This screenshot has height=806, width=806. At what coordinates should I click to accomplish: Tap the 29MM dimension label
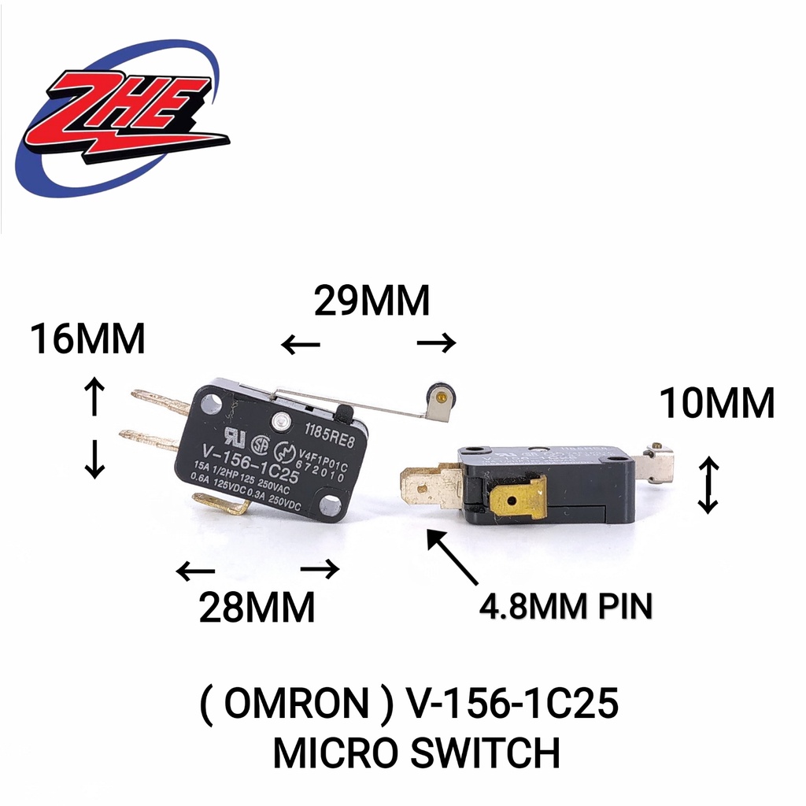372,301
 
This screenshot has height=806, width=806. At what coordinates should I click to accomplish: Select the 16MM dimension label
87,340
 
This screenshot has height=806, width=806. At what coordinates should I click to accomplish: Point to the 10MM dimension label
717,404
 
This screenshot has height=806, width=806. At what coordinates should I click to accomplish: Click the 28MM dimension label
257,607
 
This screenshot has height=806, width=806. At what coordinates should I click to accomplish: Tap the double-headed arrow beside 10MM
708,486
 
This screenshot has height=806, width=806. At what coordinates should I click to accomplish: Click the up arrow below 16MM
94,396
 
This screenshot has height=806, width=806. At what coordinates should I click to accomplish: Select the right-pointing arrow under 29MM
436,342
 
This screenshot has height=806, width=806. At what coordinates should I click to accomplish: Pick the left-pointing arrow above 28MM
194,571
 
